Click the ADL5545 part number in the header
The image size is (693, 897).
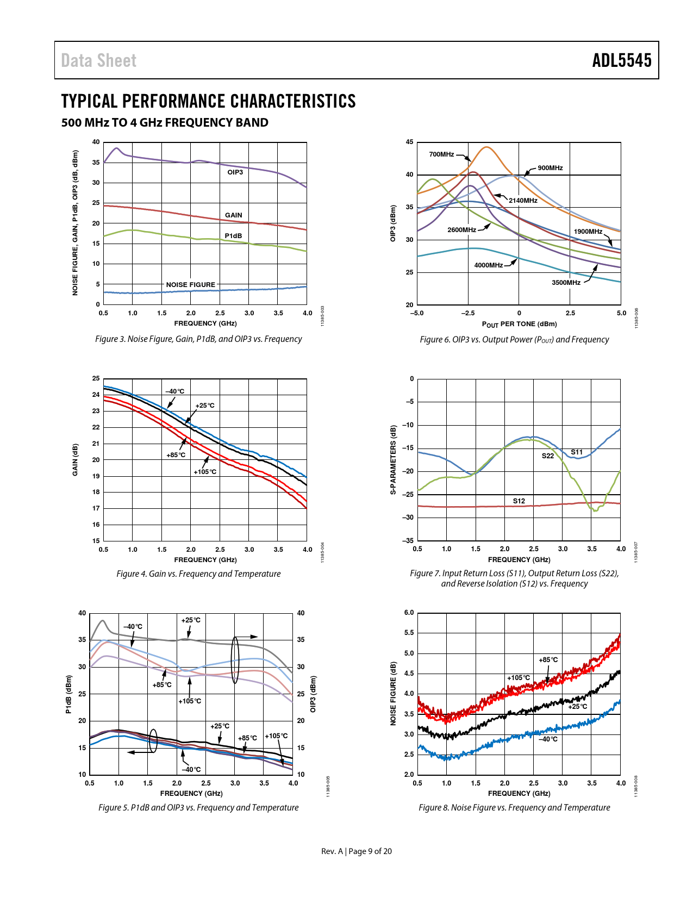pyautogui.click(x=621, y=60)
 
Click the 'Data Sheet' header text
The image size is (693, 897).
pyautogui.click(x=98, y=61)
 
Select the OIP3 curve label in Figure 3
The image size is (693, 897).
pyautogui.click(x=235, y=172)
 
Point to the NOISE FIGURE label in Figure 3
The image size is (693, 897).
pyautogui.click(x=190, y=284)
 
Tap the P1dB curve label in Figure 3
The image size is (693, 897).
pyautogui.click(x=233, y=236)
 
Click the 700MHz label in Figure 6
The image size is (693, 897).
pyautogui.click(x=441, y=154)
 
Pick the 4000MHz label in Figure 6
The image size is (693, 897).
pyautogui.click(x=488, y=265)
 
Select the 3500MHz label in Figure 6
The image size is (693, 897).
pyautogui.click(x=566, y=283)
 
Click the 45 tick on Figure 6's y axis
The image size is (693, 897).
pyautogui.click(x=409, y=142)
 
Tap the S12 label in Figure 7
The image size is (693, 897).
pyautogui.click(x=519, y=501)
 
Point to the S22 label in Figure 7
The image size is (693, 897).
pyautogui.click(x=547, y=456)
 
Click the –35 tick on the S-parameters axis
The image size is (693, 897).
pyautogui.click(x=408, y=541)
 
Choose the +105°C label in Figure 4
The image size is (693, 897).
pyautogui.click(x=205, y=472)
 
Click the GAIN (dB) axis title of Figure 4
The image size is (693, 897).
pyautogui.click(x=75, y=460)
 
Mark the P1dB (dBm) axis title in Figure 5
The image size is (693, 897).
pyautogui.click(x=68, y=694)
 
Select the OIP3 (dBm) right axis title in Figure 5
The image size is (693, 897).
pyautogui.click(x=313, y=694)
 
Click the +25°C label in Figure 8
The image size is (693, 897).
pyautogui.click(x=577, y=707)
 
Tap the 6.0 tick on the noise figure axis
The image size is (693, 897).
pyautogui.click(x=409, y=613)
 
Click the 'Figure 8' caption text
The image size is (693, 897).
pyautogui.click(x=514, y=808)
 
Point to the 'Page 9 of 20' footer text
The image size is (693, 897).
pyautogui.click(x=370, y=851)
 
